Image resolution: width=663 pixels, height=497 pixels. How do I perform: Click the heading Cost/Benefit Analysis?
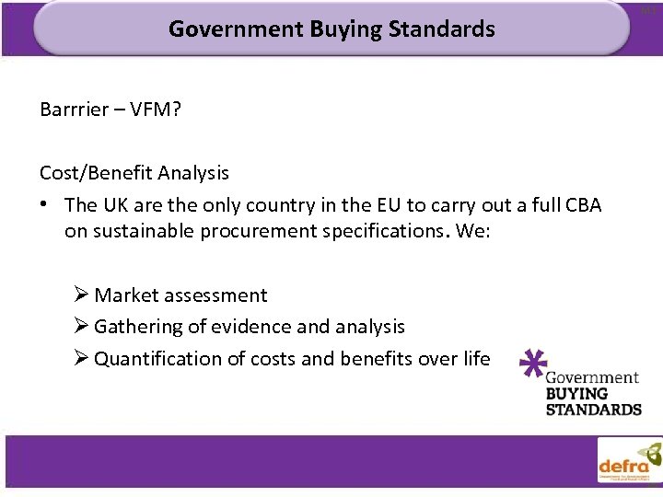point(134,172)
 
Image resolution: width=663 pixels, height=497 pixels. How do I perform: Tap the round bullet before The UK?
point(46,204)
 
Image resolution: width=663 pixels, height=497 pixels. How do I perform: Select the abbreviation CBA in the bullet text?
point(581,204)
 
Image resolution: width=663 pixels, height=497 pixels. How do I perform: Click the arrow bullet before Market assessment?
point(81,295)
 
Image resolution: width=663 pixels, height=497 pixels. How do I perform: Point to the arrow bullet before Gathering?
point(81,327)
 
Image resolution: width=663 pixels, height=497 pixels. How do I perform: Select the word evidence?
point(249,327)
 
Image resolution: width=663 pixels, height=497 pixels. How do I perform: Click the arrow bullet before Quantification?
point(81,358)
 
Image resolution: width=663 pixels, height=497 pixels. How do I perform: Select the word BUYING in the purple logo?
point(576,393)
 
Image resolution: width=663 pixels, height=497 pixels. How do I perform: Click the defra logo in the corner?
point(629,460)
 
